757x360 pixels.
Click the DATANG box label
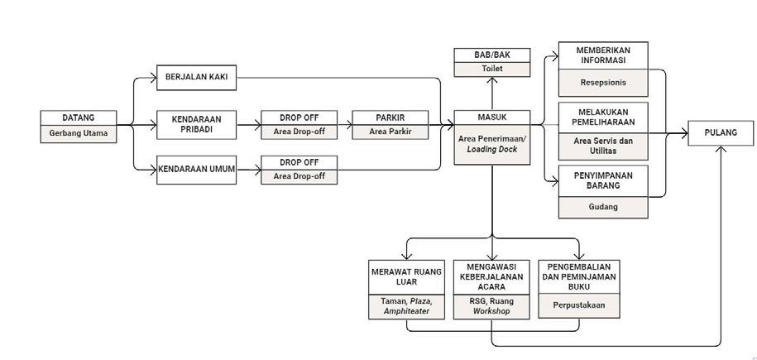coord(79,117)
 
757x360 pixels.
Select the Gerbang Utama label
coord(79,132)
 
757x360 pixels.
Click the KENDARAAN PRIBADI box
coord(196,125)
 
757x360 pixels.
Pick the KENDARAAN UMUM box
coord(196,170)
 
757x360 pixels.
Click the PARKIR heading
coord(389,117)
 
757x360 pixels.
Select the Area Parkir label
coord(389,132)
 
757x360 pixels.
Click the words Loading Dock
coord(490,150)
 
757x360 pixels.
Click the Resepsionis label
coord(603,84)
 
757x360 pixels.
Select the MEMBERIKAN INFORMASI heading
coord(603,55)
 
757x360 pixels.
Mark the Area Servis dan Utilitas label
coord(603,146)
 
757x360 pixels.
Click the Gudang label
coord(603,206)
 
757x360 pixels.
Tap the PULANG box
coord(721,132)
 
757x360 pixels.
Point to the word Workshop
coord(491,312)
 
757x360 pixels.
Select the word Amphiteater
coord(406,312)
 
